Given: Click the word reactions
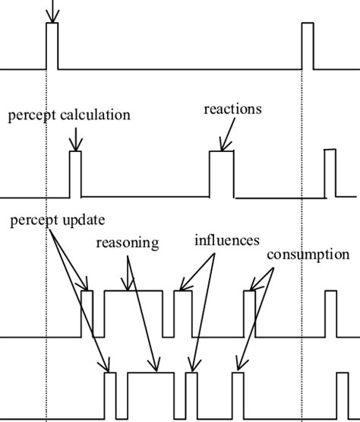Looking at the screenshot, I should coord(232,109).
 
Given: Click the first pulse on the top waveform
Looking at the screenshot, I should coord(52,46).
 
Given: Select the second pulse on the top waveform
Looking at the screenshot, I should coord(307,46).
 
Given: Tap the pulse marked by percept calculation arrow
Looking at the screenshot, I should coord(74,173).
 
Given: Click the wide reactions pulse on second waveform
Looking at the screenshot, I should coord(223,173).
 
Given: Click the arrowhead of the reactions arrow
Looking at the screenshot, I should coord(222,147).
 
